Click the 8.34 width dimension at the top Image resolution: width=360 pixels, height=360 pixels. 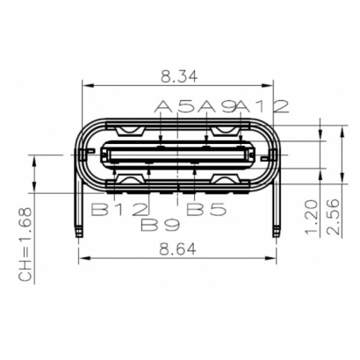180,76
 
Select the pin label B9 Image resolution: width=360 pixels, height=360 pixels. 161,224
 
